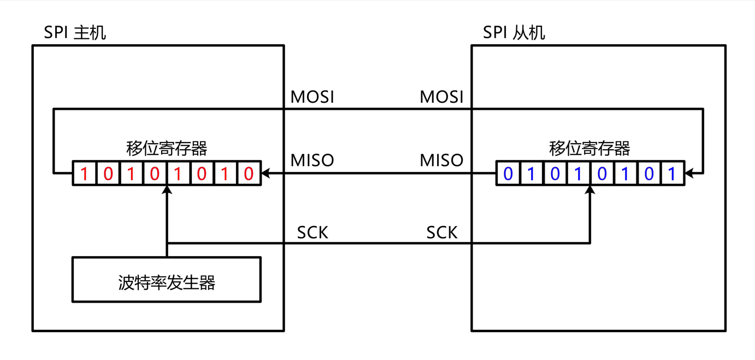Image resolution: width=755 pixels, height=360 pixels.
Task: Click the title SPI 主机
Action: click(75, 33)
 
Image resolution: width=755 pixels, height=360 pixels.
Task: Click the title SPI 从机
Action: click(514, 33)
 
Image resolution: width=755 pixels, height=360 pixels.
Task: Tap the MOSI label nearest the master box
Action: click(312, 97)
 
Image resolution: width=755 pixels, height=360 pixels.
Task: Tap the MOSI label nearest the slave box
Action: click(441, 97)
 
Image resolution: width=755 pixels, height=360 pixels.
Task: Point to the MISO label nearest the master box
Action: click(312, 161)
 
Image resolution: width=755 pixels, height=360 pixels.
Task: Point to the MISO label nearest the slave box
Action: click(441, 161)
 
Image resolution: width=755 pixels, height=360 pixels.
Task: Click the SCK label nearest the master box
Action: click(312, 233)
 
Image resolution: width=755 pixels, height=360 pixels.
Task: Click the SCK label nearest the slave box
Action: click(441, 233)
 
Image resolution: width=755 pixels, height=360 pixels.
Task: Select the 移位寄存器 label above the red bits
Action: click(167, 148)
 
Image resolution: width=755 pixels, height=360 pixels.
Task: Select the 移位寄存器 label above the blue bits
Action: click(589, 148)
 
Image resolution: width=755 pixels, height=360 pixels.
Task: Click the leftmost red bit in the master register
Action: click(84, 174)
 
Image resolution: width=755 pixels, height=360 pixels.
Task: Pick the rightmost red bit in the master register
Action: click(249, 174)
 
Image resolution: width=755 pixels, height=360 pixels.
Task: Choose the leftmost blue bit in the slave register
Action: click(508, 174)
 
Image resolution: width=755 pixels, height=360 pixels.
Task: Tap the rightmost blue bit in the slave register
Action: click(672, 174)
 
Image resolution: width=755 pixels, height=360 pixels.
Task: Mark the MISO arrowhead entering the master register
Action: click(266, 174)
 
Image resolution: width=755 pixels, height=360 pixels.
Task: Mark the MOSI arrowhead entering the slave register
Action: click(689, 174)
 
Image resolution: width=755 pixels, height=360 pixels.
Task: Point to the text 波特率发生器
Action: click(167, 282)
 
